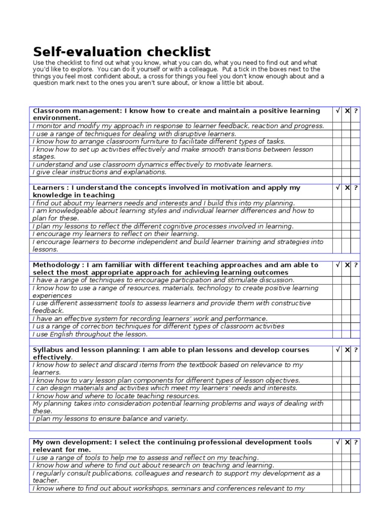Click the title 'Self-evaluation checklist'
[x=122, y=52]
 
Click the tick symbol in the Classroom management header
[x=338, y=111]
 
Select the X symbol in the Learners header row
[x=347, y=188]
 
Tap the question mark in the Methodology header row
[x=356, y=265]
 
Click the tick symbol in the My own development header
[x=338, y=442]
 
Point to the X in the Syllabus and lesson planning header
[x=347, y=350]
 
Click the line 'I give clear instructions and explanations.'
[x=100, y=172]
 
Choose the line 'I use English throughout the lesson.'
[x=90, y=334]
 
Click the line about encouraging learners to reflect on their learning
[x=116, y=234]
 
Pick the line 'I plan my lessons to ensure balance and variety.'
[x=111, y=419]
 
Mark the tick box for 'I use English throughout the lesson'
[x=338, y=334]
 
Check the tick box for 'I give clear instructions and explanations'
[x=338, y=172]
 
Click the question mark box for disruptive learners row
[x=356, y=134]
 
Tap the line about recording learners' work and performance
[x=150, y=319]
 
